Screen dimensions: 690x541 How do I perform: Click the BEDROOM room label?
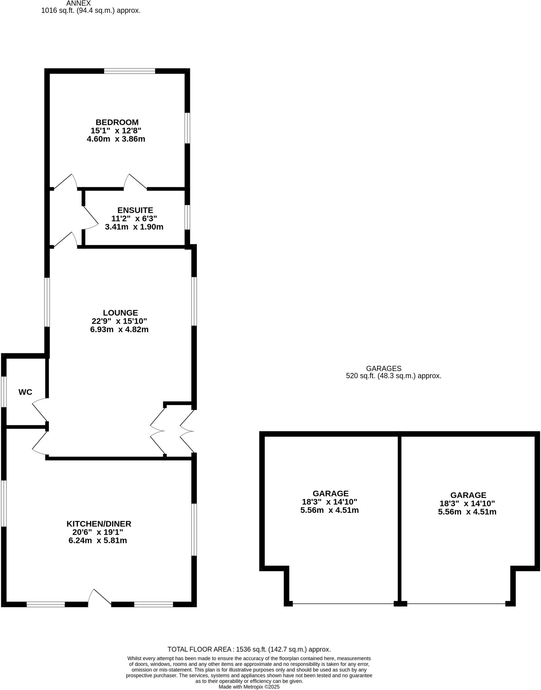[x=117, y=122]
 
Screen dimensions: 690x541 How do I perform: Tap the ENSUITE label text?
[x=135, y=210]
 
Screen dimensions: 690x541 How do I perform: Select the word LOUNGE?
[x=120, y=313]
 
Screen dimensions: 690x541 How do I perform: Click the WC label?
[x=25, y=392]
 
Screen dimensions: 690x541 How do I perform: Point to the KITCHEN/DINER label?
[x=99, y=524]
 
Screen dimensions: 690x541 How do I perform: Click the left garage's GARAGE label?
[x=330, y=494]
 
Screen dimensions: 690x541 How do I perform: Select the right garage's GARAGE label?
[x=468, y=495]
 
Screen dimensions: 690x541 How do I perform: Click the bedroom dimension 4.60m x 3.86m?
[x=116, y=139]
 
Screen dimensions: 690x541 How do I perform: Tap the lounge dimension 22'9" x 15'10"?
[x=119, y=321]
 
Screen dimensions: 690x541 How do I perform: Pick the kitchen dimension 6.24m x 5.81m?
[x=97, y=541]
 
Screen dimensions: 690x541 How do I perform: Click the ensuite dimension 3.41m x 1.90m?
[x=134, y=227]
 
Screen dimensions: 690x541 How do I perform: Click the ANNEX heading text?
[x=78, y=3]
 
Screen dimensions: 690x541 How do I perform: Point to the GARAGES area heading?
[x=384, y=369]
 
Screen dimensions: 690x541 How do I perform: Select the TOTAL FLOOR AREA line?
[x=249, y=649]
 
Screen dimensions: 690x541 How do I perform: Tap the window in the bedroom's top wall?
[x=129, y=71]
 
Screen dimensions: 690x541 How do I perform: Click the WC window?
[x=4, y=391]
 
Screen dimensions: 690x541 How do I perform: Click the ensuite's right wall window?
[x=187, y=217]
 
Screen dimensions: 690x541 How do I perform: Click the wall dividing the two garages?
[x=400, y=519]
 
